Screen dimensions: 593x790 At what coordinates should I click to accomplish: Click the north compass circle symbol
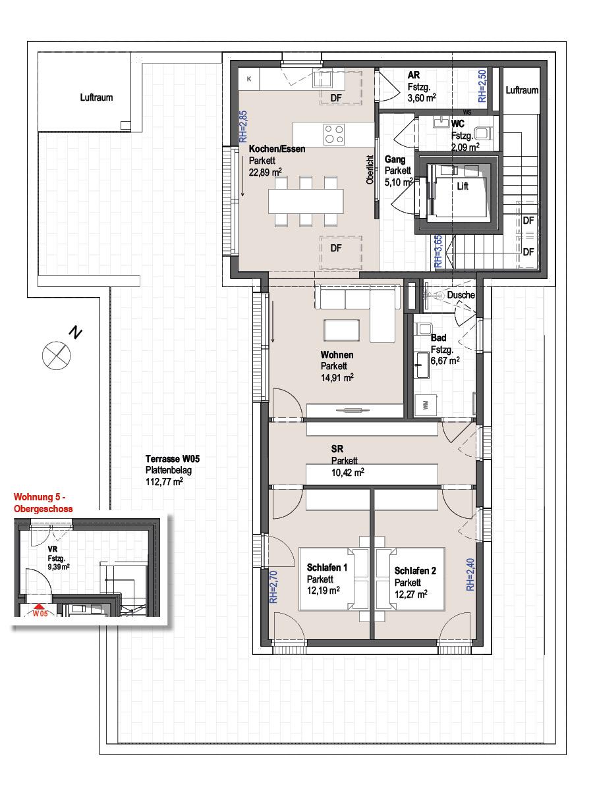tap(56, 355)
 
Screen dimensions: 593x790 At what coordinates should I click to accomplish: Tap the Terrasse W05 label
tap(173, 458)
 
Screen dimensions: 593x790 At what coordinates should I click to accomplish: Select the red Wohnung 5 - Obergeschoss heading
tap(43, 503)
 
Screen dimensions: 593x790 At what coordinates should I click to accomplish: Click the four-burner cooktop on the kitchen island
tap(334, 134)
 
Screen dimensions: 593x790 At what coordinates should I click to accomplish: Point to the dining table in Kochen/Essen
tap(306, 201)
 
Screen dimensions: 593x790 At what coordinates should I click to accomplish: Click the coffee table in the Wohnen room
tap(342, 330)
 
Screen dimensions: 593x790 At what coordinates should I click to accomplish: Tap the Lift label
tap(463, 186)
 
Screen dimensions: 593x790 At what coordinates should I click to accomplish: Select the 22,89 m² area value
tap(266, 172)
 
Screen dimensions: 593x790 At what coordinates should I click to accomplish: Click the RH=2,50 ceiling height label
tap(482, 86)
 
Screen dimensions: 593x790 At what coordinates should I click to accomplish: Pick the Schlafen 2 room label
tap(415, 571)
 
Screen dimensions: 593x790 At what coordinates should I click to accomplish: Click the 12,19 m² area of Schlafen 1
tap(324, 591)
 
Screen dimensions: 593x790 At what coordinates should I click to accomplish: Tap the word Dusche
tap(461, 295)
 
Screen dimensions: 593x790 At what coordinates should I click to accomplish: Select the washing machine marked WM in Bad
tap(426, 406)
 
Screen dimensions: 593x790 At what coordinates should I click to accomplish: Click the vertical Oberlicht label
tap(370, 170)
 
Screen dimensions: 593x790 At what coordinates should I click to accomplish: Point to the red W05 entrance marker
tap(40, 612)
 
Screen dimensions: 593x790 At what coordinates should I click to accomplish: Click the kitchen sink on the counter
tap(322, 80)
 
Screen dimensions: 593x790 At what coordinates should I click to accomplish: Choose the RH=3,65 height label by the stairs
tap(438, 251)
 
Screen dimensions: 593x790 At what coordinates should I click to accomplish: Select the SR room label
tap(337, 449)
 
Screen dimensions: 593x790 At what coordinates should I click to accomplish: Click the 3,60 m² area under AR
tap(422, 97)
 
